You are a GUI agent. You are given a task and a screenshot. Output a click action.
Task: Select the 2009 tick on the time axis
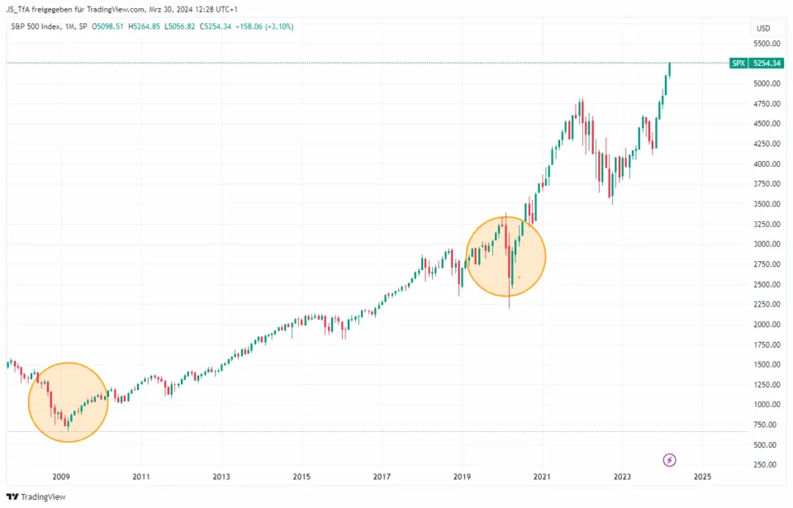60,477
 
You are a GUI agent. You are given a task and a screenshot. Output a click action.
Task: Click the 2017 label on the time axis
381,477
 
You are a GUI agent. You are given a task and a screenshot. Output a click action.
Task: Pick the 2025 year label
702,477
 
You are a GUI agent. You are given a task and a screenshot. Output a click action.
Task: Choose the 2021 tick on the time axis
542,477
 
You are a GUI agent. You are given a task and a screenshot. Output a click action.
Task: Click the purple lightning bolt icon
670,459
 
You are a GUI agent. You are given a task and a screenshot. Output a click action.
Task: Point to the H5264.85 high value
150,26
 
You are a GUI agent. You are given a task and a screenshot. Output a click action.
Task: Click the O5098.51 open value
110,26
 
